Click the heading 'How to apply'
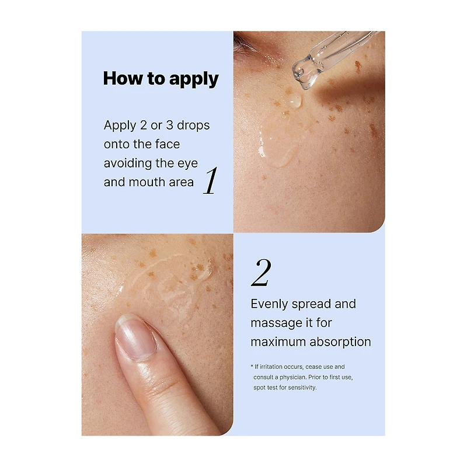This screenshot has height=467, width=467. [161, 79]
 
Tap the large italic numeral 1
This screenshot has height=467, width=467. [211, 180]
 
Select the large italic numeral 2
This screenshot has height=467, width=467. [261, 273]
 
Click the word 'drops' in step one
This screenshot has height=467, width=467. [193, 126]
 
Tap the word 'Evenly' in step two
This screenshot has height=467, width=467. [269, 304]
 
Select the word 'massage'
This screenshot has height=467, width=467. [274, 323]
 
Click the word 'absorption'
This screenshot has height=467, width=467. [340, 342]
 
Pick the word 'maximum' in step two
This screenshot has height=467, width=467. [278, 342]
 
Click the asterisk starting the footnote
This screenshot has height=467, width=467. [252, 366]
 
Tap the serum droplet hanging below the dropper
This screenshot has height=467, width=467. [295, 100]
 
